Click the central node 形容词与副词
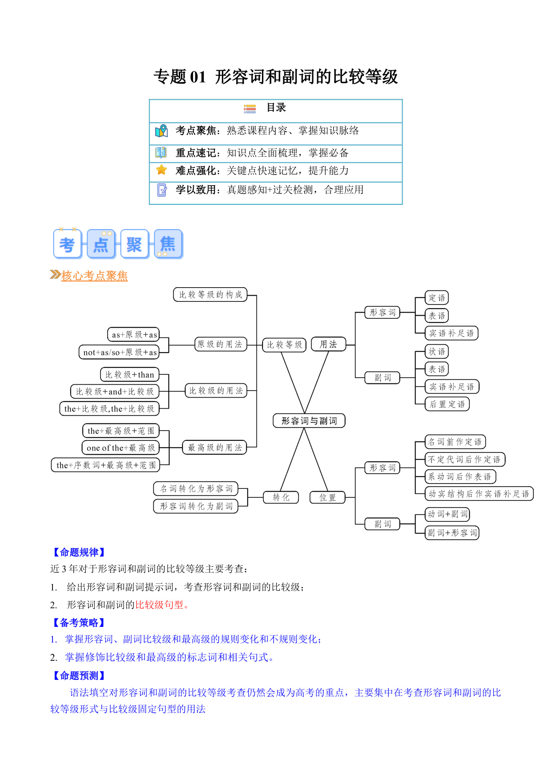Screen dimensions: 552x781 (x=309, y=421)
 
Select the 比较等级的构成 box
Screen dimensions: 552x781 (x=210, y=294)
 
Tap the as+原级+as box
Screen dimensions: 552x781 (x=133, y=334)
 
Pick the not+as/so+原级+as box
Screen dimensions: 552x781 (x=119, y=352)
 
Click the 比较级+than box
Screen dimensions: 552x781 (x=129, y=374)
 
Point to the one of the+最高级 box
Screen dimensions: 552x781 (x=120, y=447)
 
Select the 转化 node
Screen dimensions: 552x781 (x=281, y=497)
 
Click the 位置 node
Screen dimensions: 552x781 (x=327, y=497)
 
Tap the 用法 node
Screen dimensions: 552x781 (x=328, y=344)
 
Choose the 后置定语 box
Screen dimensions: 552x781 (x=447, y=404)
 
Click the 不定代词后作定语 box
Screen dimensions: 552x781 (x=465, y=459)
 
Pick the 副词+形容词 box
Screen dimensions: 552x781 (x=452, y=533)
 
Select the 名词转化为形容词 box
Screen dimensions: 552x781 (x=196, y=488)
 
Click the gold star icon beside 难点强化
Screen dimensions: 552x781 (x=161, y=170)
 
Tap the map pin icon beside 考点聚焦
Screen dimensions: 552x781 (x=161, y=131)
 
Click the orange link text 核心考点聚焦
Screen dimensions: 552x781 (x=94, y=276)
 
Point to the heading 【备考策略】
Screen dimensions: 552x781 (x=79, y=622)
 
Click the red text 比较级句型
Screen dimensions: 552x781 (x=159, y=605)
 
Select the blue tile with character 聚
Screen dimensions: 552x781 (x=134, y=244)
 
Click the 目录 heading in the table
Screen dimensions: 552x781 (x=276, y=108)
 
